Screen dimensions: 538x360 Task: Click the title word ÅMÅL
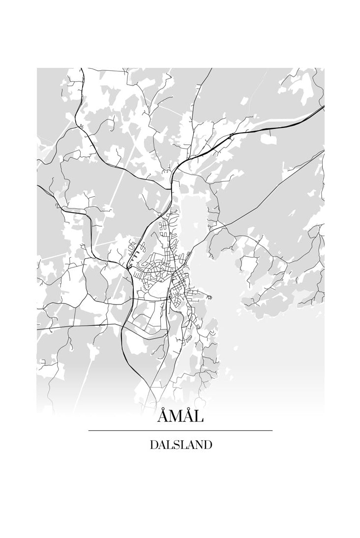[x=180, y=417]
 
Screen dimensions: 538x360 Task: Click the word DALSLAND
[x=180, y=445]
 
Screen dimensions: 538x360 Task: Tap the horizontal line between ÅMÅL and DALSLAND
[x=180, y=431]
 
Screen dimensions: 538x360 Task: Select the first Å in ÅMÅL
[x=163, y=418]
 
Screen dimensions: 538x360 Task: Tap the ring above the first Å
[x=163, y=410]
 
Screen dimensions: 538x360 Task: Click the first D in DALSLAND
[x=153, y=445]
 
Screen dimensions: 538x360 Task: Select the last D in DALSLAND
[x=208, y=445]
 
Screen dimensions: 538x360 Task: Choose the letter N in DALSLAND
[x=199, y=445]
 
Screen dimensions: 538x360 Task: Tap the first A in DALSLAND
[x=161, y=445]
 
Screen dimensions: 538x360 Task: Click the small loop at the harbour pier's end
[x=210, y=297]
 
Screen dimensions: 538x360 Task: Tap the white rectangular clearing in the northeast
[x=269, y=139]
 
